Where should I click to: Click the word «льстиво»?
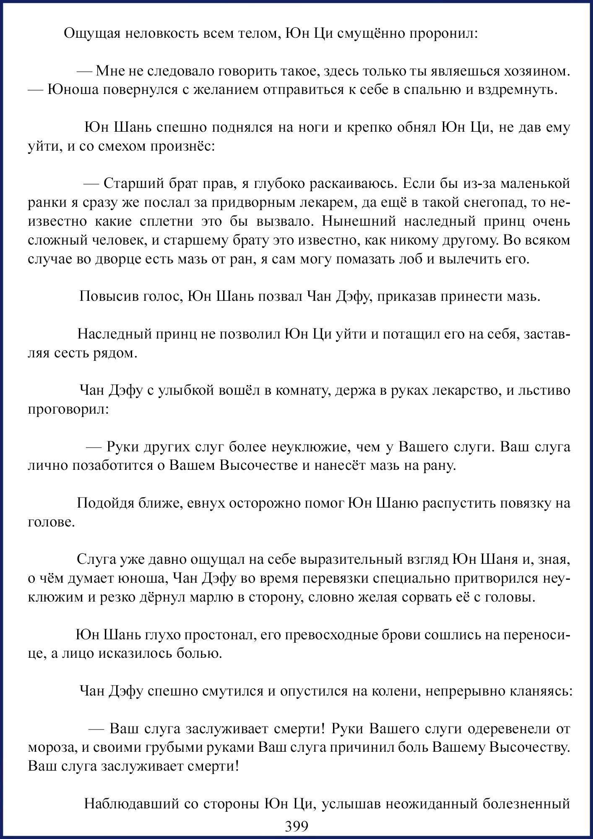543,391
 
